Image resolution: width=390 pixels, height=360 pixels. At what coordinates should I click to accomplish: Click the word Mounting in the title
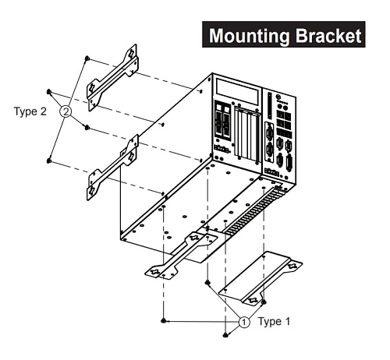point(247,36)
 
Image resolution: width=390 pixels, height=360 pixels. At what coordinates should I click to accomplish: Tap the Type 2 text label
point(30,111)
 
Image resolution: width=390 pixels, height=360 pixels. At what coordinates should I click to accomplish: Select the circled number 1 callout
point(244,321)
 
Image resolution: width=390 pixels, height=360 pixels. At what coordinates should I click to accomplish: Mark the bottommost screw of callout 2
point(50,161)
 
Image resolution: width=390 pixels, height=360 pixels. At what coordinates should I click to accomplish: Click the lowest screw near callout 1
point(225,335)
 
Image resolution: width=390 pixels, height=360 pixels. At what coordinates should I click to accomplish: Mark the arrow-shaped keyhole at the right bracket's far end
point(292,266)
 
